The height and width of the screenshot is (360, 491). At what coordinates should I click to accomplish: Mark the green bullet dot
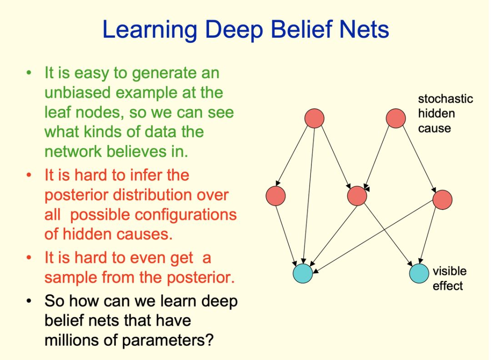click(30, 73)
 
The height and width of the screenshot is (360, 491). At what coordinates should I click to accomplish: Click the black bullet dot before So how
click(30, 301)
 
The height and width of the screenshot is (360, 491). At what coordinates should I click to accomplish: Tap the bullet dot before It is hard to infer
click(30, 175)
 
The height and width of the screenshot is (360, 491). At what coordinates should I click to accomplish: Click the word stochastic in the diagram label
click(445, 99)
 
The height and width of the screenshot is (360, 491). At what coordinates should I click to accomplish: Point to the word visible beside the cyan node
click(449, 271)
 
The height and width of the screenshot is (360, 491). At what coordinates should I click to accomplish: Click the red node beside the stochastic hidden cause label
click(396, 118)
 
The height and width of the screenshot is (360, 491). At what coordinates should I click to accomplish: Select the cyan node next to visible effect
click(419, 273)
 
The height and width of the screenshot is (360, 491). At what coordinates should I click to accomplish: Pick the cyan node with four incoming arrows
click(303, 273)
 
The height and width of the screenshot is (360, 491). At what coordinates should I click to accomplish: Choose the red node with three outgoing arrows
click(314, 118)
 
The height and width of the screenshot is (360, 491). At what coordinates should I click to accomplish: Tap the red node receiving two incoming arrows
click(357, 196)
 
